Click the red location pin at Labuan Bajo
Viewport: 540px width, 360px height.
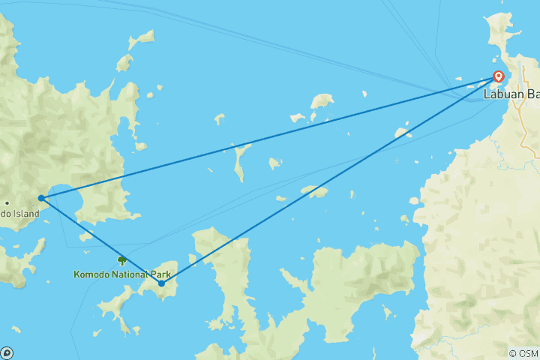498,76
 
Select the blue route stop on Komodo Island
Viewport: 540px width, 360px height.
41,198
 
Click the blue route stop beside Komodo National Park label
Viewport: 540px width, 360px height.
161,283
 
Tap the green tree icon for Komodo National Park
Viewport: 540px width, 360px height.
121,260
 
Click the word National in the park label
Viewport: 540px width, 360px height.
133,274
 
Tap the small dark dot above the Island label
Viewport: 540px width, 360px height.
7,202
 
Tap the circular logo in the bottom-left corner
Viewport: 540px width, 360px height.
6,353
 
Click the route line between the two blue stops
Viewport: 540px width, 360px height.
101,241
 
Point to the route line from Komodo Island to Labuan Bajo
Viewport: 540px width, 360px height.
270,137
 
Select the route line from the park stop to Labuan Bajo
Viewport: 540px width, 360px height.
330,180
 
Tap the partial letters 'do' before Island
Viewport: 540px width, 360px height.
4,214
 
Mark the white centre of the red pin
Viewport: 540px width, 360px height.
498,75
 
